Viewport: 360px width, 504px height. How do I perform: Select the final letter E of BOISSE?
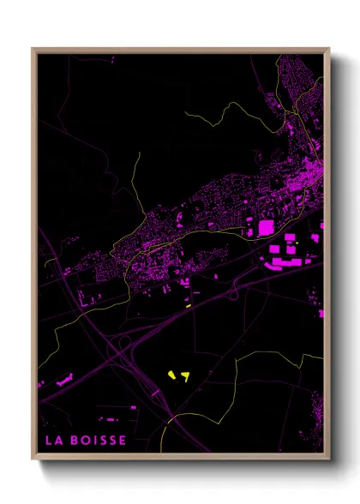[x=123, y=441]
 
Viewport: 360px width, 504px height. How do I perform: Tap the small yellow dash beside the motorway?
[x=188, y=304]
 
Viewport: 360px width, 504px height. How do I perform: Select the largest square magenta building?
[x=266, y=228]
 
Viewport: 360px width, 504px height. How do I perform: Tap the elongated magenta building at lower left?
[x=64, y=380]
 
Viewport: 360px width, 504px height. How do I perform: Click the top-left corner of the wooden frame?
[x=33, y=49]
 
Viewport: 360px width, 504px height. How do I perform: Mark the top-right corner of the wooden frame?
[x=329, y=49]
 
